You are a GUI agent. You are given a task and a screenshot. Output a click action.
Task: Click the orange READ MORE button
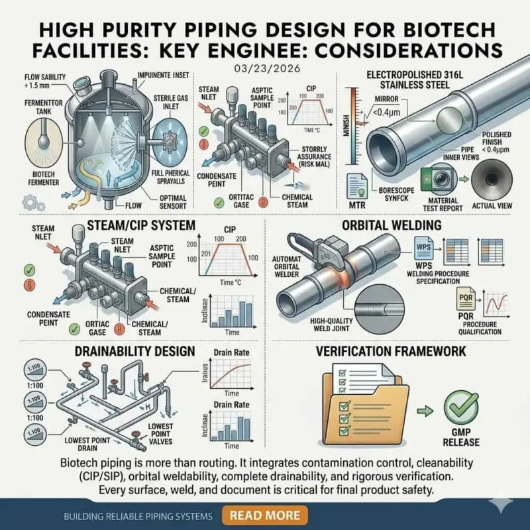(264, 515)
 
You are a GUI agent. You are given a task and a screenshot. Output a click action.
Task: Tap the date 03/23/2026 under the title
(264, 67)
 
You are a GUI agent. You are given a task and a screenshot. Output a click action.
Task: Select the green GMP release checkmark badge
(460, 406)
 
